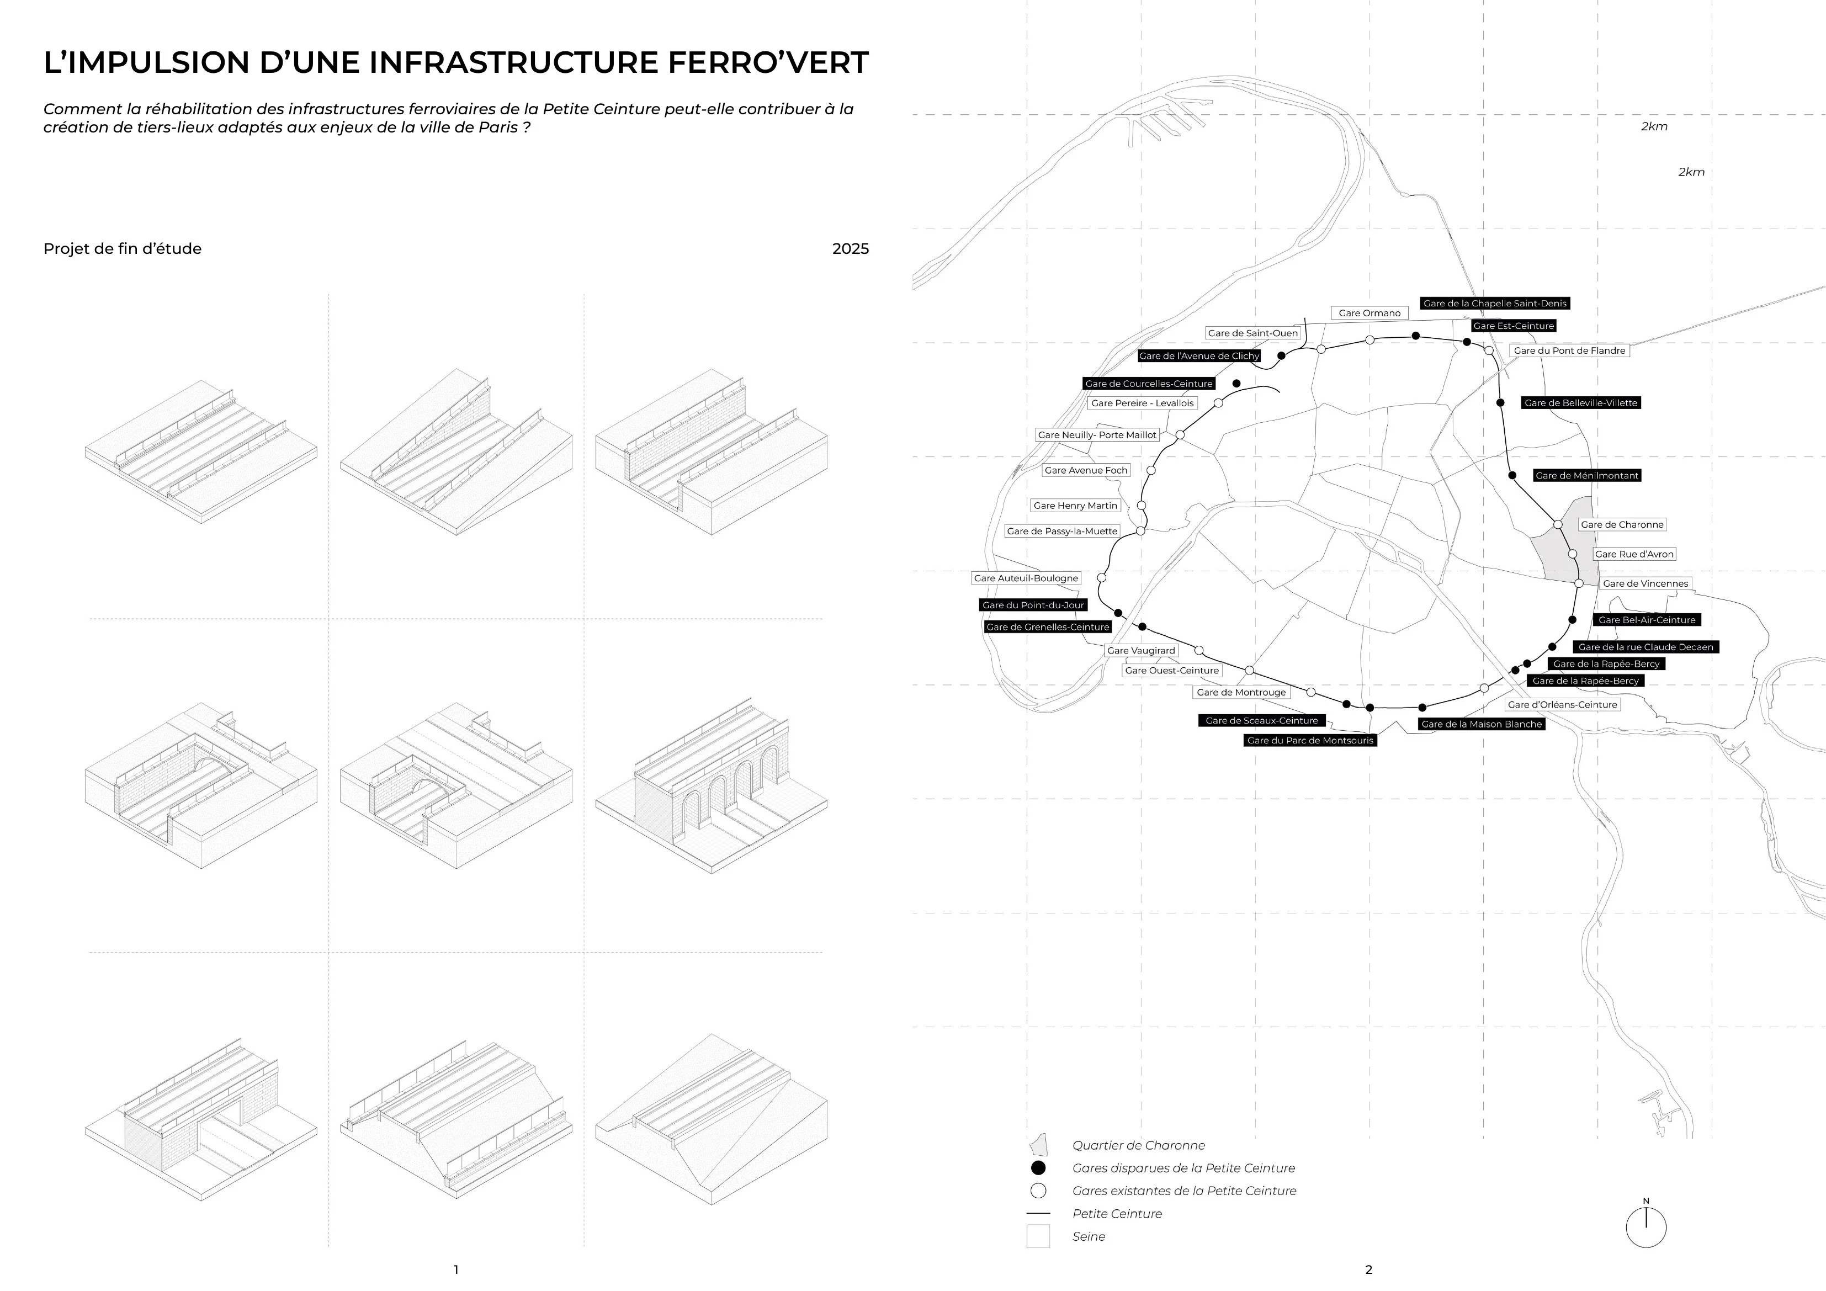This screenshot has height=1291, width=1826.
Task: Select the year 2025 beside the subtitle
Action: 850,249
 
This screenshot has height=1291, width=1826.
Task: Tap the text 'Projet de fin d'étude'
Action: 123,249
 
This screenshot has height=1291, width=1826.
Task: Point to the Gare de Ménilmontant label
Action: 1586,476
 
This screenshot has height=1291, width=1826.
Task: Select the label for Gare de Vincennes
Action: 1645,584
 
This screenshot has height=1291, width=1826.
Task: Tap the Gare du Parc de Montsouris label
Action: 1310,741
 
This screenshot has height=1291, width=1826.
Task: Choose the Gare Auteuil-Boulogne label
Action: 1026,578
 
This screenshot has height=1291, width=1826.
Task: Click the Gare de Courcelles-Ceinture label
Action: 1148,384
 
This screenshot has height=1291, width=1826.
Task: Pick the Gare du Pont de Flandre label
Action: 1569,351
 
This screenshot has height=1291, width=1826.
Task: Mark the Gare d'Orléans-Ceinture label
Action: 1562,705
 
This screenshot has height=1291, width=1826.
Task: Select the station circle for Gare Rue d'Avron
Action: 1572,554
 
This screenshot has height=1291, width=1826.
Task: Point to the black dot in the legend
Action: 1038,1168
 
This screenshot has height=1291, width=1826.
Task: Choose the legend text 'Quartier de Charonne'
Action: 1138,1145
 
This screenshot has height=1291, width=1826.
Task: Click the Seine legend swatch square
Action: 1038,1236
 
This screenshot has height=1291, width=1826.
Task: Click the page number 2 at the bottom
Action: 1369,1269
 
